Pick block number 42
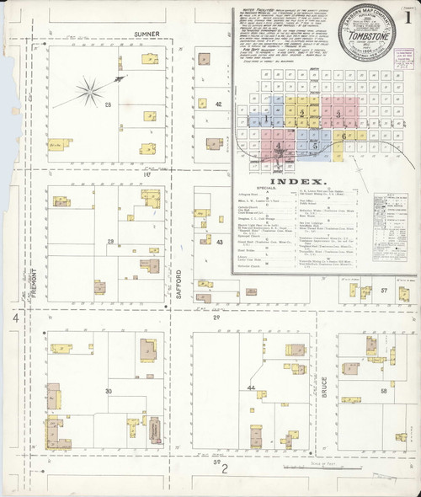click(x=218, y=104)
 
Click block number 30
click(x=108, y=392)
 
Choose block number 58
click(x=383, y=392)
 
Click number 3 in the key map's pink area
click(x=338, y=113)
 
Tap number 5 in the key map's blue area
click(x=314, y=145)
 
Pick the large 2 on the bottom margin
click(x=224, y=468)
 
